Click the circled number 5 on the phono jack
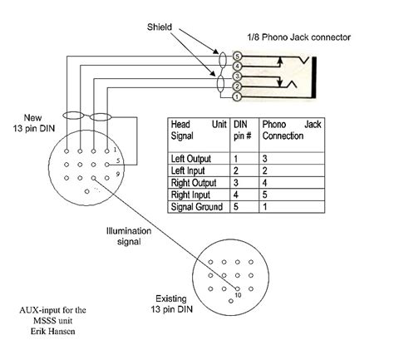[237, 56]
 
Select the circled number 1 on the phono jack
[237, 96]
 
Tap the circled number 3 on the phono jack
[237, 76]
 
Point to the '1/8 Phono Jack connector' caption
[298, 37]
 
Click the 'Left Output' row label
[190, 158]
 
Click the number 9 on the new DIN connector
[118, 173]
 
